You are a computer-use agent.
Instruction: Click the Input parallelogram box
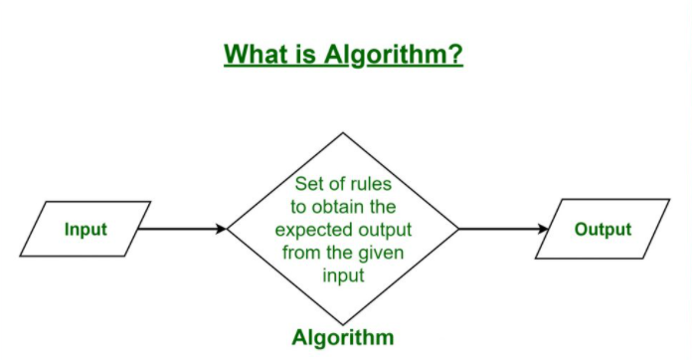(86, 230)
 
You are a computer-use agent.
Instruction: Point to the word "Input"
(86, 230)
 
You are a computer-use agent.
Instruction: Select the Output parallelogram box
(603, 230)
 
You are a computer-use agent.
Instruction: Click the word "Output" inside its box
(603, 230)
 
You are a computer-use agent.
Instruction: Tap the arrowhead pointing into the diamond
(221, 230)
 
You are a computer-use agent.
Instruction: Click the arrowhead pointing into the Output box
(543, 230)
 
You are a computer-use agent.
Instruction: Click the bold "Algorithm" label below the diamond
(343, 336)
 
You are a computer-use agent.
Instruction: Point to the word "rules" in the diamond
(370, 184)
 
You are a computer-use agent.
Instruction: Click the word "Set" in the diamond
(308, 184)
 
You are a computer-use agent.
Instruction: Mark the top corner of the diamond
(343, 134)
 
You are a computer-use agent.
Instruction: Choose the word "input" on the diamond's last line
(343, 275)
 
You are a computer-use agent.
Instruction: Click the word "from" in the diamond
(300, 253)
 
